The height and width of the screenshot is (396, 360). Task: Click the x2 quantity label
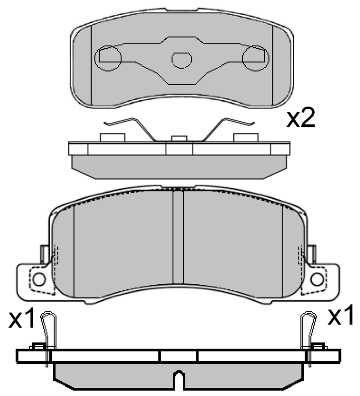(x=301, y=118)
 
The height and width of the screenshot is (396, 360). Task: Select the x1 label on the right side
(x=341, y=317)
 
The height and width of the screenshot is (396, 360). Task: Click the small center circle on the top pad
(x=181, y=59)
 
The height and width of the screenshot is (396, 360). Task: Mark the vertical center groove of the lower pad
(x=178, y=239)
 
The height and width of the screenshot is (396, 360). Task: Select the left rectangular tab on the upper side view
(x=112, y=137)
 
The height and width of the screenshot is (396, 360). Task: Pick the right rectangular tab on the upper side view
(x=246, y=137)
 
